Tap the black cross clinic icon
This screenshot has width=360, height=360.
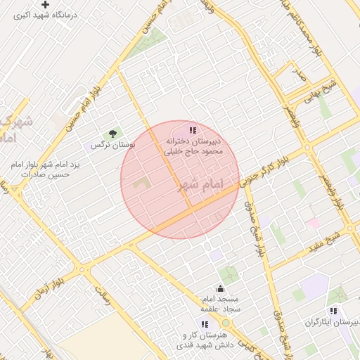coord(46,5)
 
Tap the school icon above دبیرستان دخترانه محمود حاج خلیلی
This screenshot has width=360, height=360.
coord(193,130)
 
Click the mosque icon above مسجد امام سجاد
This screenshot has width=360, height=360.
coord(220,288)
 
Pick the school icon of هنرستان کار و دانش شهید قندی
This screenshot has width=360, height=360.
coord(205,324)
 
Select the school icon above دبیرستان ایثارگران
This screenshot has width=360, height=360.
coord(333,310)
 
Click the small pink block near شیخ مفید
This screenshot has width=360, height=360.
coord(314,224)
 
